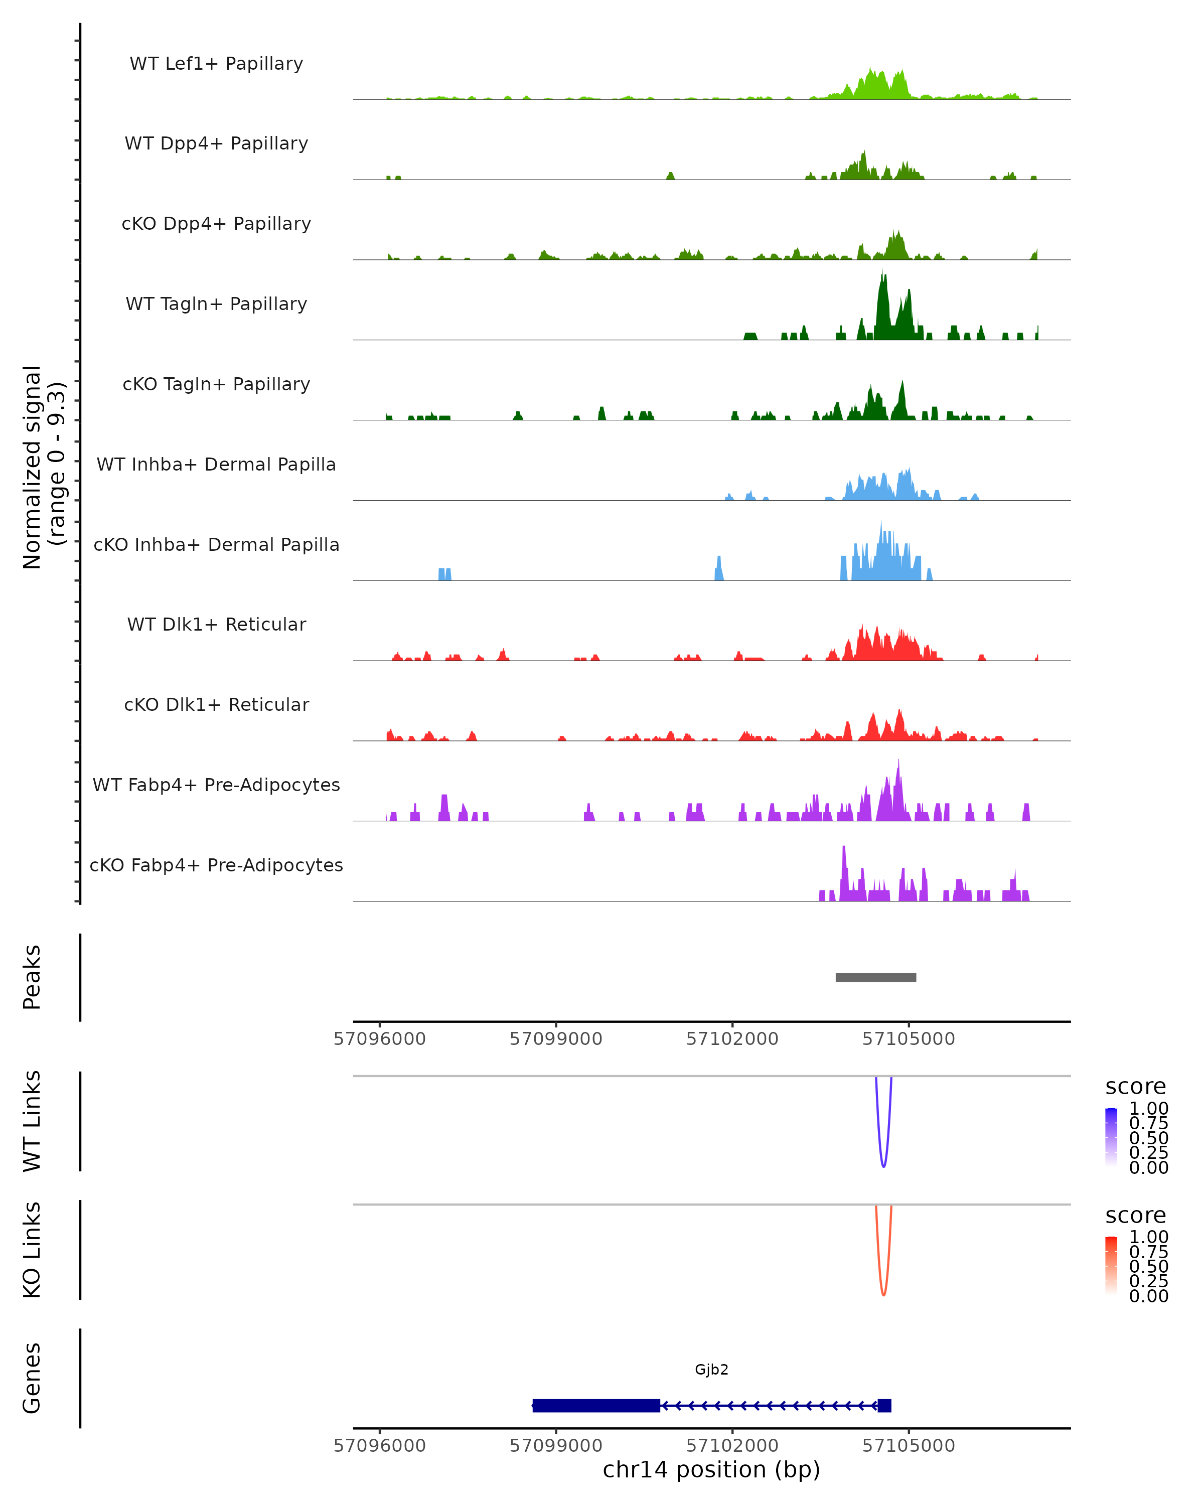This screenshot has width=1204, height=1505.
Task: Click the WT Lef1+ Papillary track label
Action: point(216,64)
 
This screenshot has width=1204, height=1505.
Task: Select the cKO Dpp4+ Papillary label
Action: point(216,223)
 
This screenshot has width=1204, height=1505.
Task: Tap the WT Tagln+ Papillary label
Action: point(216,304)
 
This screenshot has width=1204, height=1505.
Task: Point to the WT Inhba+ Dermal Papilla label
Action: point(216,464)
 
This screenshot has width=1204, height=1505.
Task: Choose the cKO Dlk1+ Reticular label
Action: point(216,704)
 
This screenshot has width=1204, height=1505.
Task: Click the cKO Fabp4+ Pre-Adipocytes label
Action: point(216,865)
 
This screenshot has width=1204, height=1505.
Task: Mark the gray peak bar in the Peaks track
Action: point(875,977)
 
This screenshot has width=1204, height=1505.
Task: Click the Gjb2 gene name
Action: point(711,1370)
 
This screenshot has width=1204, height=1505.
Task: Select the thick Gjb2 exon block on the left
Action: point(596,1405)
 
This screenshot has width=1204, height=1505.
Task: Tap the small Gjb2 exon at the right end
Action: point(884,1405)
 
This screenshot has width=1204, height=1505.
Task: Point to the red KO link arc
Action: point(883,1293)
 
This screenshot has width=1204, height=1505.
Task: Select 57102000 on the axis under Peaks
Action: point(732,1039)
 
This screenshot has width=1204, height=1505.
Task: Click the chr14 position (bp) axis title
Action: point(711,1470)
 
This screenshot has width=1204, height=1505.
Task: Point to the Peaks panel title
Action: point(32,977)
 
